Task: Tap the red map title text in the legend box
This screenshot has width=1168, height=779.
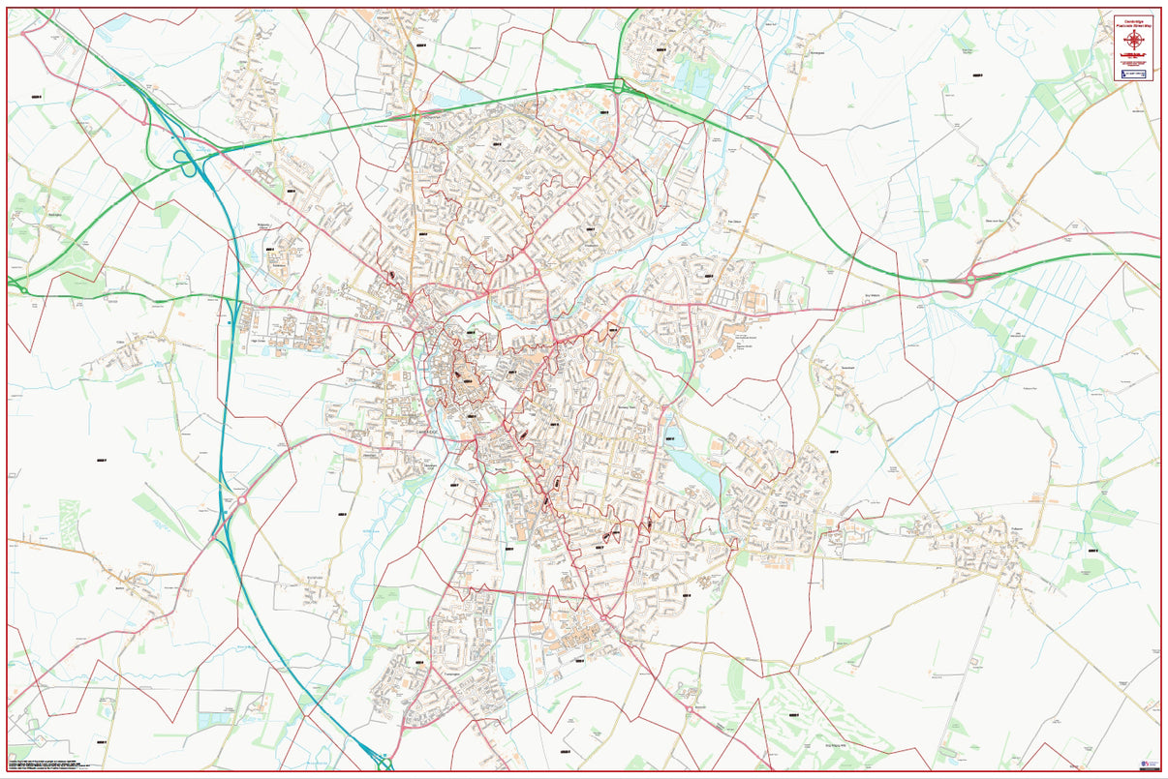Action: pyautogui.click(x=1134, y=20)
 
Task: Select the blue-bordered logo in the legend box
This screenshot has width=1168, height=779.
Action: pyautogui.click(x=1134, y=74)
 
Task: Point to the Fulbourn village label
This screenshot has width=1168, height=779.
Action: pyautogui.click(x=1017, y=529)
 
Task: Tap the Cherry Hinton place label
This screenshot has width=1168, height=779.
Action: pyautogui.click(x=781, y=502)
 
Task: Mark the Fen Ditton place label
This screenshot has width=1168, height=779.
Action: pyautogui.click(x=734, y=222)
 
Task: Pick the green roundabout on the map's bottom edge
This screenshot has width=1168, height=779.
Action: pyautogui.click(x=384, y=764)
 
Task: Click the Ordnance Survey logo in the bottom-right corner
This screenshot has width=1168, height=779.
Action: pyautogui.click(x=1152, y=764)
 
